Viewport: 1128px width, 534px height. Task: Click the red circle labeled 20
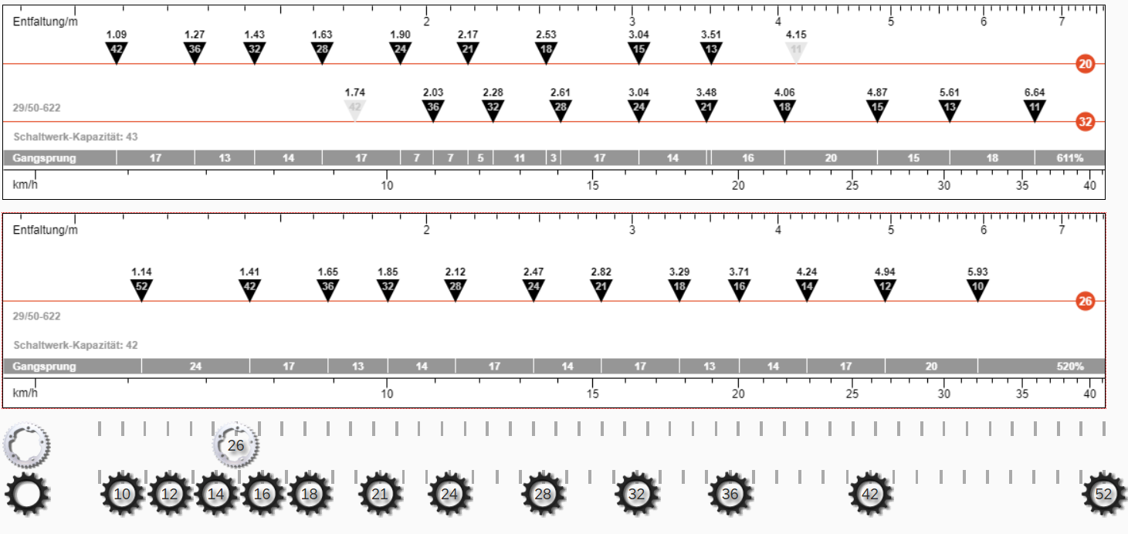[x=1086, y=64]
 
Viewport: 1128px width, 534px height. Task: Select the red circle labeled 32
[x=1086, y=122]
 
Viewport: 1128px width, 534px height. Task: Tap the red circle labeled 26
[x=1086, y=302]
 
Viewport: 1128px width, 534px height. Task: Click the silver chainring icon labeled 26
[x=235, y=445]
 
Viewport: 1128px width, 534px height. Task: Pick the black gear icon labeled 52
[x=1103, y=494]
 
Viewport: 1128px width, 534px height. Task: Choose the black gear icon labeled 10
[x=122, y=494]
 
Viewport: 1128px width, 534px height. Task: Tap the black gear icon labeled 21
[x=380, y=494]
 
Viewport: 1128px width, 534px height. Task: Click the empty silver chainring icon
[x=26, y=445]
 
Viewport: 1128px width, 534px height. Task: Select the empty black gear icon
[x=27, y=494]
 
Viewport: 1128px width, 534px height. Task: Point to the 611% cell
[x=1069, y=158]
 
